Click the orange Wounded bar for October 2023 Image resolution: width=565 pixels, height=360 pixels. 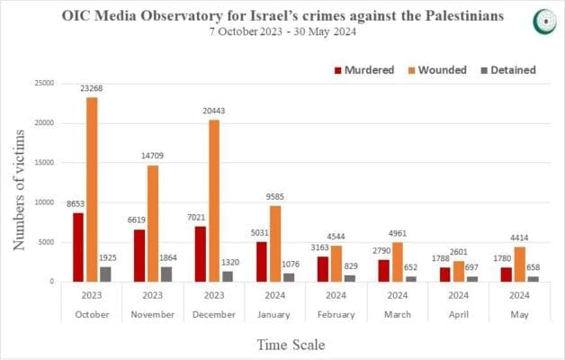point(92,189)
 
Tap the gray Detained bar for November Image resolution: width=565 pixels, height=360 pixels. point(165,274)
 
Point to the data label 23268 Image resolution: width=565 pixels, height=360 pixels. point(92,88)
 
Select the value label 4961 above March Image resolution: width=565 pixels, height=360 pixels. point(395,233)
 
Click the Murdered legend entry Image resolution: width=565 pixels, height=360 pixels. point(363,70)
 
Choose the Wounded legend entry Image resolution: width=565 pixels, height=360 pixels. point(437,70)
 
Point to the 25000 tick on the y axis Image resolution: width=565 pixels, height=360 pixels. point(42,83)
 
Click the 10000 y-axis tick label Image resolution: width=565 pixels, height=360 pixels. point(42,202)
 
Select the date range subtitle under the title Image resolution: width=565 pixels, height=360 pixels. point(282,34)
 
